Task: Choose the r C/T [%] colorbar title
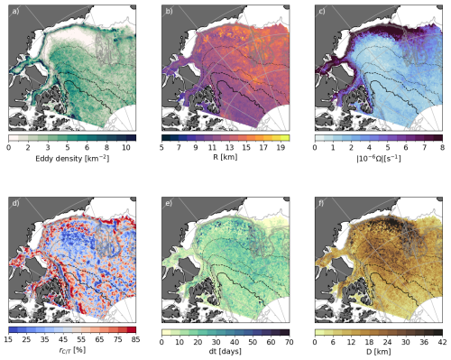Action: point(72,356)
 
